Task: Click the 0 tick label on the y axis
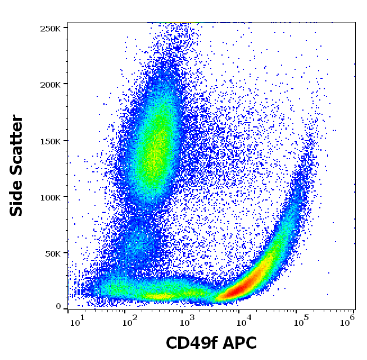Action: coord(58,307)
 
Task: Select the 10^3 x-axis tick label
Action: coord(187,321)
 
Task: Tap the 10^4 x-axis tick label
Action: coord(244,321)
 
